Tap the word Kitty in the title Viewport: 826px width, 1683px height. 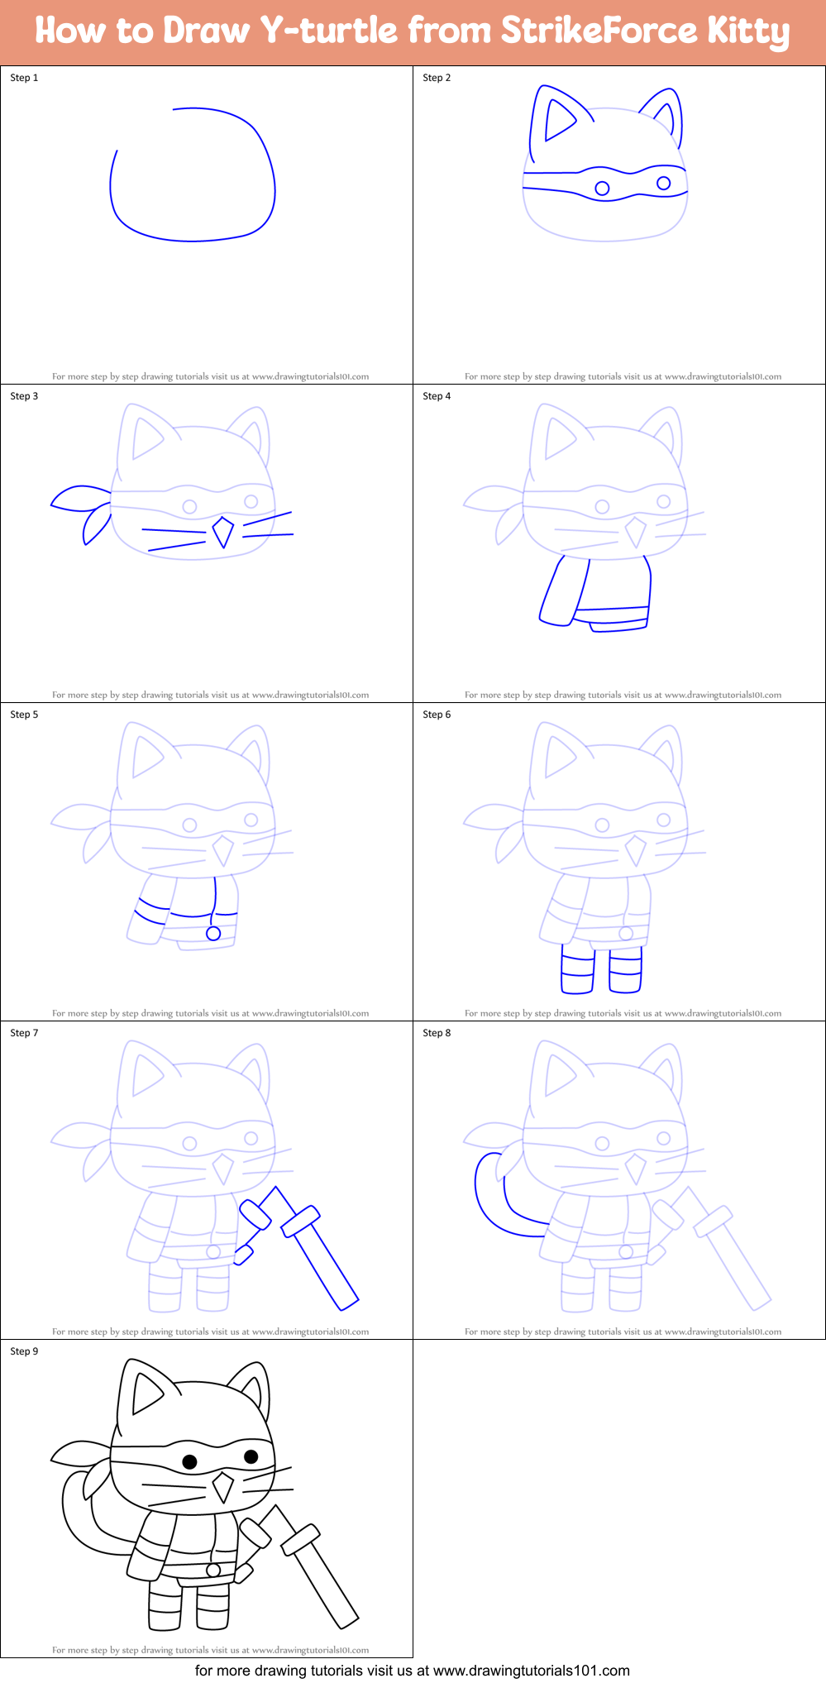coord(747,31)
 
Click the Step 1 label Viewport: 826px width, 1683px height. coord(24,78)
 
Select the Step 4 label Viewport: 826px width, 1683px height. coord(437,396)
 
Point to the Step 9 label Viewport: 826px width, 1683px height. coord(24,1351)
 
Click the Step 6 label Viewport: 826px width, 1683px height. coord(437,715)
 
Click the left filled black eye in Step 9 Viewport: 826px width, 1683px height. coord(189,1462)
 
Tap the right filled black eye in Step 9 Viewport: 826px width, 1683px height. coord(251,1456)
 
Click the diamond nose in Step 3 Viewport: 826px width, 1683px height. coord(222,532)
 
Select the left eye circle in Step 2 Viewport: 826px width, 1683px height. coord(602,189)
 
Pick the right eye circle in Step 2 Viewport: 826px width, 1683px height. coord(663,183)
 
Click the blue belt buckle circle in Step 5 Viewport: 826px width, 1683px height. coord(213,934)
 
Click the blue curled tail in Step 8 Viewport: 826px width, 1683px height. coord(488,1199)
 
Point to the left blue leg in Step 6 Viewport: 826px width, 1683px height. coord(577,972)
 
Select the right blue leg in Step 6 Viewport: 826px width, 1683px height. coord(625,971)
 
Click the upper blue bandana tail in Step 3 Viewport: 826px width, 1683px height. coord(79,497)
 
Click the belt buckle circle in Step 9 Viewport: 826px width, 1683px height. coord(213,1571)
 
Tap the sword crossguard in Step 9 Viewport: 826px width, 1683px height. coord(300,1540)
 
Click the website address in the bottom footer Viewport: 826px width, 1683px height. coord(532,1671)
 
